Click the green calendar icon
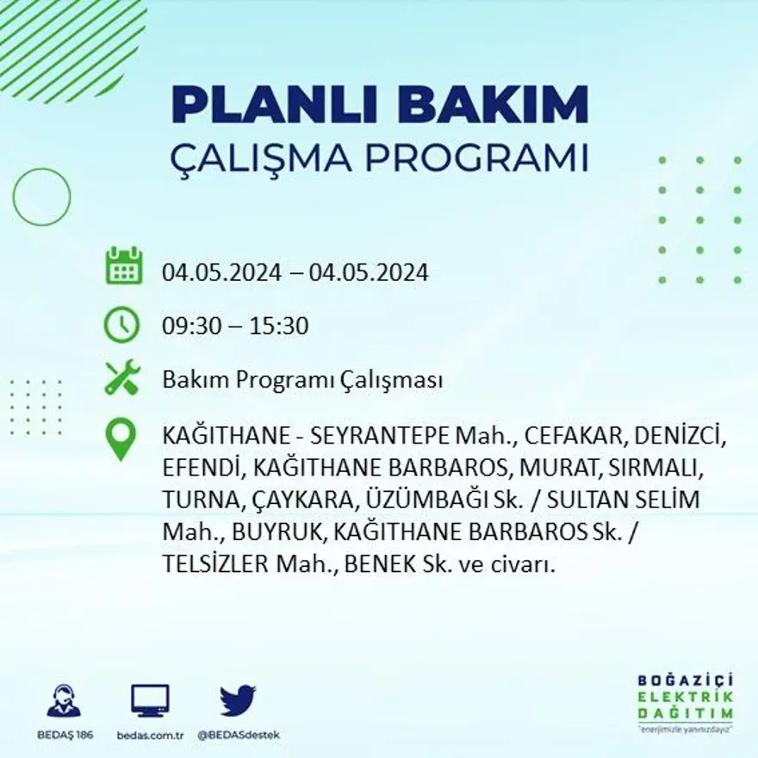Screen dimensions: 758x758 (x=123, y=266)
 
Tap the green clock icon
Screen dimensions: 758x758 (x=121, y=326)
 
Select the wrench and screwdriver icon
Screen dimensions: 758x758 (x=121, y=378)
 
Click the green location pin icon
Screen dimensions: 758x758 (x=121, y=438)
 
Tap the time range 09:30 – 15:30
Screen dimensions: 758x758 (x=235, y=326)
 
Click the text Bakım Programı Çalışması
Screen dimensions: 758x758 (x=302, y=380)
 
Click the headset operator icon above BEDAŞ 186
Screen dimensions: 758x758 (x=64, y=701)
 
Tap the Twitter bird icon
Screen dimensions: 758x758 (x=238, y=700)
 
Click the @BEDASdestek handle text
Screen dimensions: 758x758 (x=239, y=735)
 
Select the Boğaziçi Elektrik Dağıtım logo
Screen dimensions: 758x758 (x=685, y=701)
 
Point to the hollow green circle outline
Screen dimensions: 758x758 (x=41, y=197)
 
